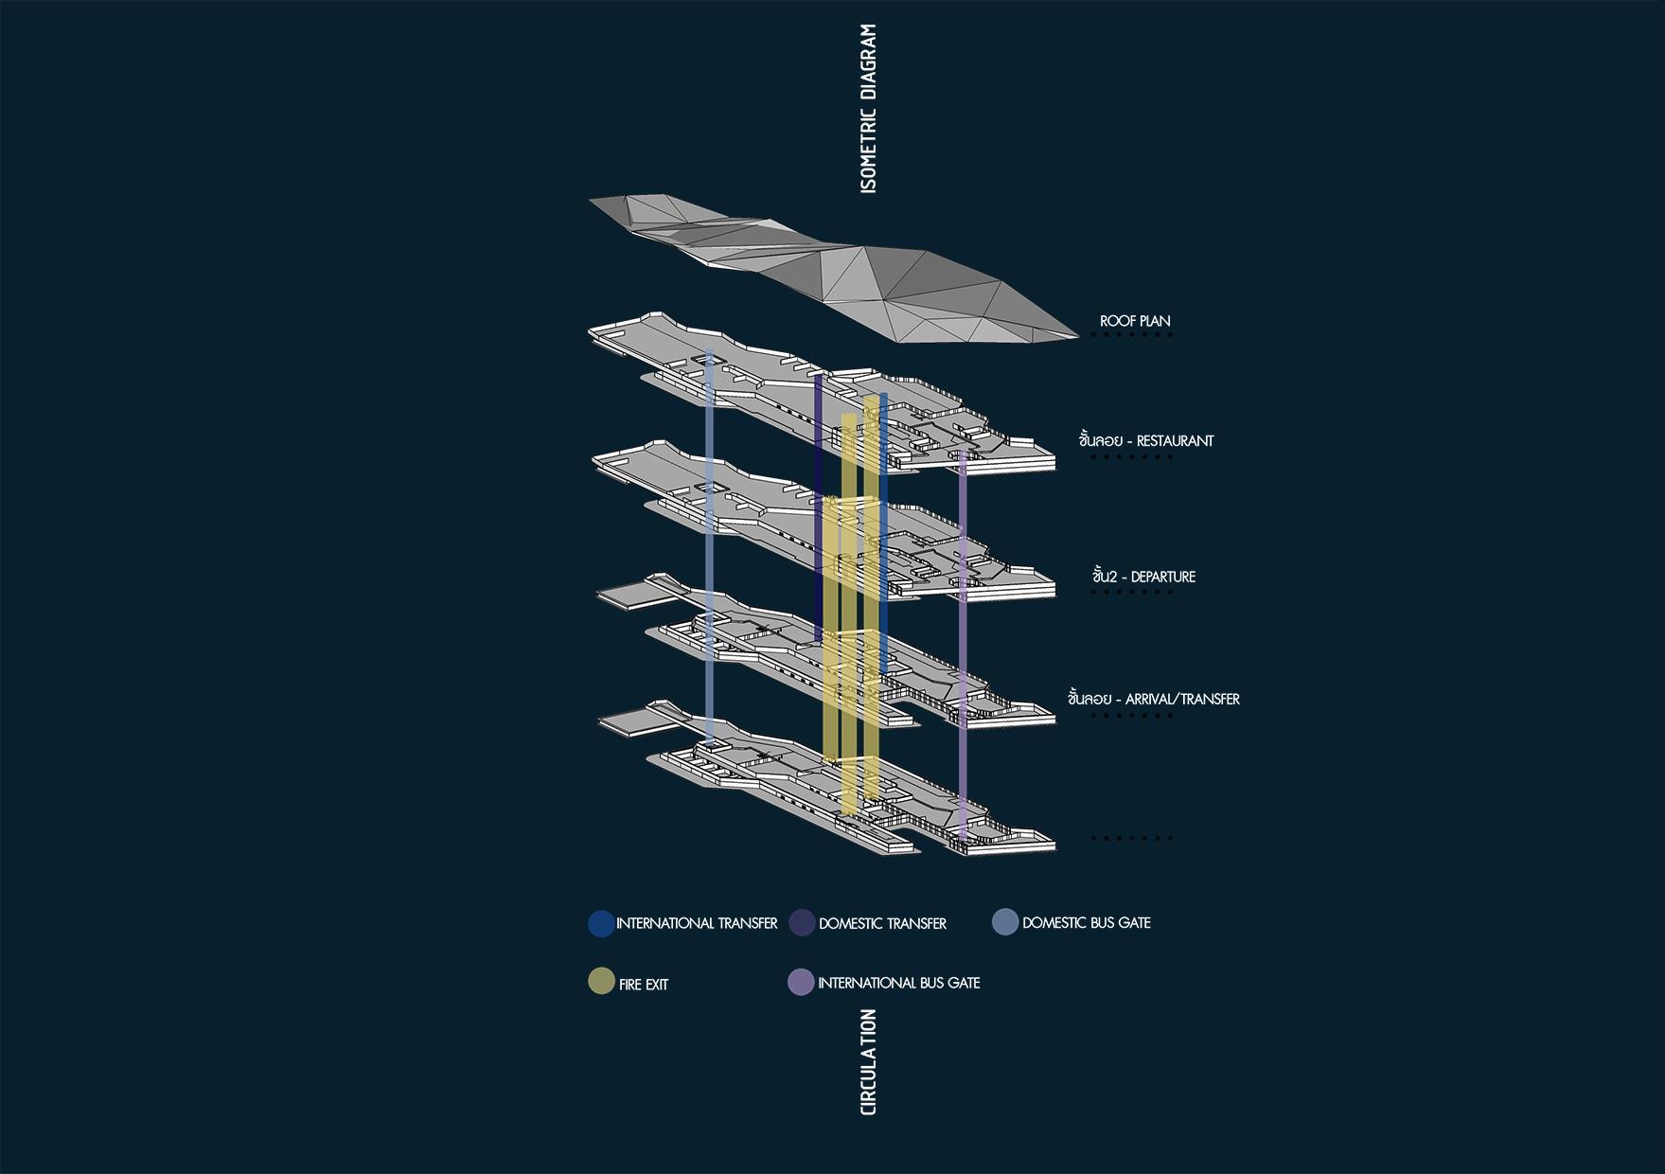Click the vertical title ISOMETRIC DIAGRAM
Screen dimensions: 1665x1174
(868, 110)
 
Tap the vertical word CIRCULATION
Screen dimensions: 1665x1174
(868, 1061)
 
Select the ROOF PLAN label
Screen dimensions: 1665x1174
(1135, 321)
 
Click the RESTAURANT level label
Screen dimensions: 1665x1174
(1145, 440)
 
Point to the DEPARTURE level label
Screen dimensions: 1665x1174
(1143, 577)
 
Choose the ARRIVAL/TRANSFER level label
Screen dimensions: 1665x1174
(1153, 699)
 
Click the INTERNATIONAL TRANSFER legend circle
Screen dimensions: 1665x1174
(601, 923)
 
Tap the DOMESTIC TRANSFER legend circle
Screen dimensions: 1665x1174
(802, 923)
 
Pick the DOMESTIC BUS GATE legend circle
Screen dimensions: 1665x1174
(1005, 922)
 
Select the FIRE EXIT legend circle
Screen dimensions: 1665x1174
(601, 982)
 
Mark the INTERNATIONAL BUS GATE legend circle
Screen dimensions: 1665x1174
(801, 983)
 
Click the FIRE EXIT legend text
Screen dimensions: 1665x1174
(644, 985)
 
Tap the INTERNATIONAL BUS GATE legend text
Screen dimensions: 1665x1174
(898, 983)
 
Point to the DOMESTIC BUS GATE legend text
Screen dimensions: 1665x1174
(1086, 922)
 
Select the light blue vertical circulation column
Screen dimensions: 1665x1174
(710, 549)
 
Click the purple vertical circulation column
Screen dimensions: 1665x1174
(963, 644)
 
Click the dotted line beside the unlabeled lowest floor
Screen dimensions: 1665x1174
(1131, 838)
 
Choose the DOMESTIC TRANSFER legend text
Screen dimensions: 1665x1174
(882, 923)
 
